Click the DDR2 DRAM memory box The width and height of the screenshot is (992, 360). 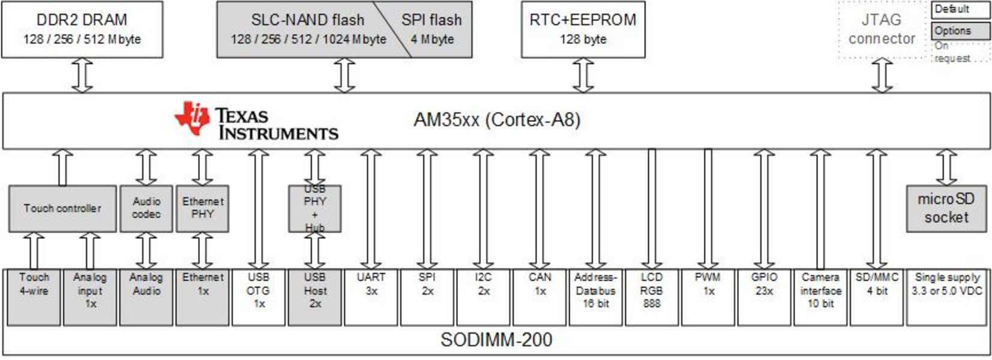pyautogui.click(x=82, y=29)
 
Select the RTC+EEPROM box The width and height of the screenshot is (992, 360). pyautogui.click(x=583, y=29)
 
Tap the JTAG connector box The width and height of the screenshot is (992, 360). pyautogui.click(x=882, y=29)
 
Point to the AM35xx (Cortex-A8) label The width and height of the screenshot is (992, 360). pyautogui.click(x=497, y=120)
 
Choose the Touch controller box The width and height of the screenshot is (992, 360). pyautogui.click(x=62, y=208)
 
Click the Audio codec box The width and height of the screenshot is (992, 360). pyautogui.click(x=146, y=208)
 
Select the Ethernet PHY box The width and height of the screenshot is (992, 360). pyautogui.click(x=202, y=208)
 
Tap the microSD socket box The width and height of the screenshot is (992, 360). pyautogui.click(x=946, y=208)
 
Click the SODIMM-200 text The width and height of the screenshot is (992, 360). pyautogui.click(x=496, y=340)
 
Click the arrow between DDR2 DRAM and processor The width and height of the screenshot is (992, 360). pyautogui.click(x=82, y=75)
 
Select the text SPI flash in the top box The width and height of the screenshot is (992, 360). pyautogui.click(x=431, y=20)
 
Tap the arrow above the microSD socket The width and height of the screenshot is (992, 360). pyautogui.click(x=946, y=167)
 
